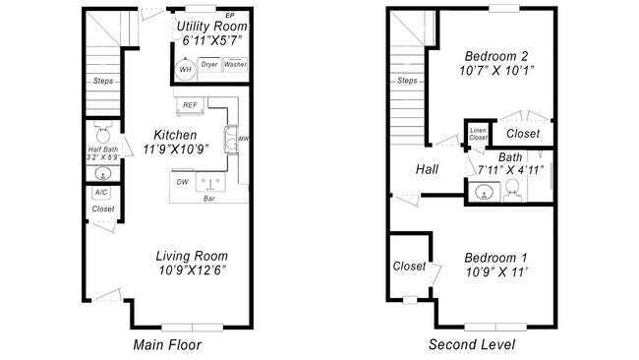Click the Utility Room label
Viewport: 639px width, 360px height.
point(210,25)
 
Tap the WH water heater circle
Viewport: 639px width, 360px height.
point(185,68)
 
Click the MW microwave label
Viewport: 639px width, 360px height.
point(243,139)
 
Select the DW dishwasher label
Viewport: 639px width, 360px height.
point(182,182)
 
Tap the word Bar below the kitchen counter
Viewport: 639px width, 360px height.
point(209,200)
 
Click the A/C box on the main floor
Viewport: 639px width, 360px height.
point(101,193)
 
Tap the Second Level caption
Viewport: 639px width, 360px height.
point(471,344)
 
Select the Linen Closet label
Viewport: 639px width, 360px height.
point(478,134)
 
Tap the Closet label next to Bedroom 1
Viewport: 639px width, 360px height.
point(409,266)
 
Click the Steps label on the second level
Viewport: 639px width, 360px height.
point(407,81)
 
